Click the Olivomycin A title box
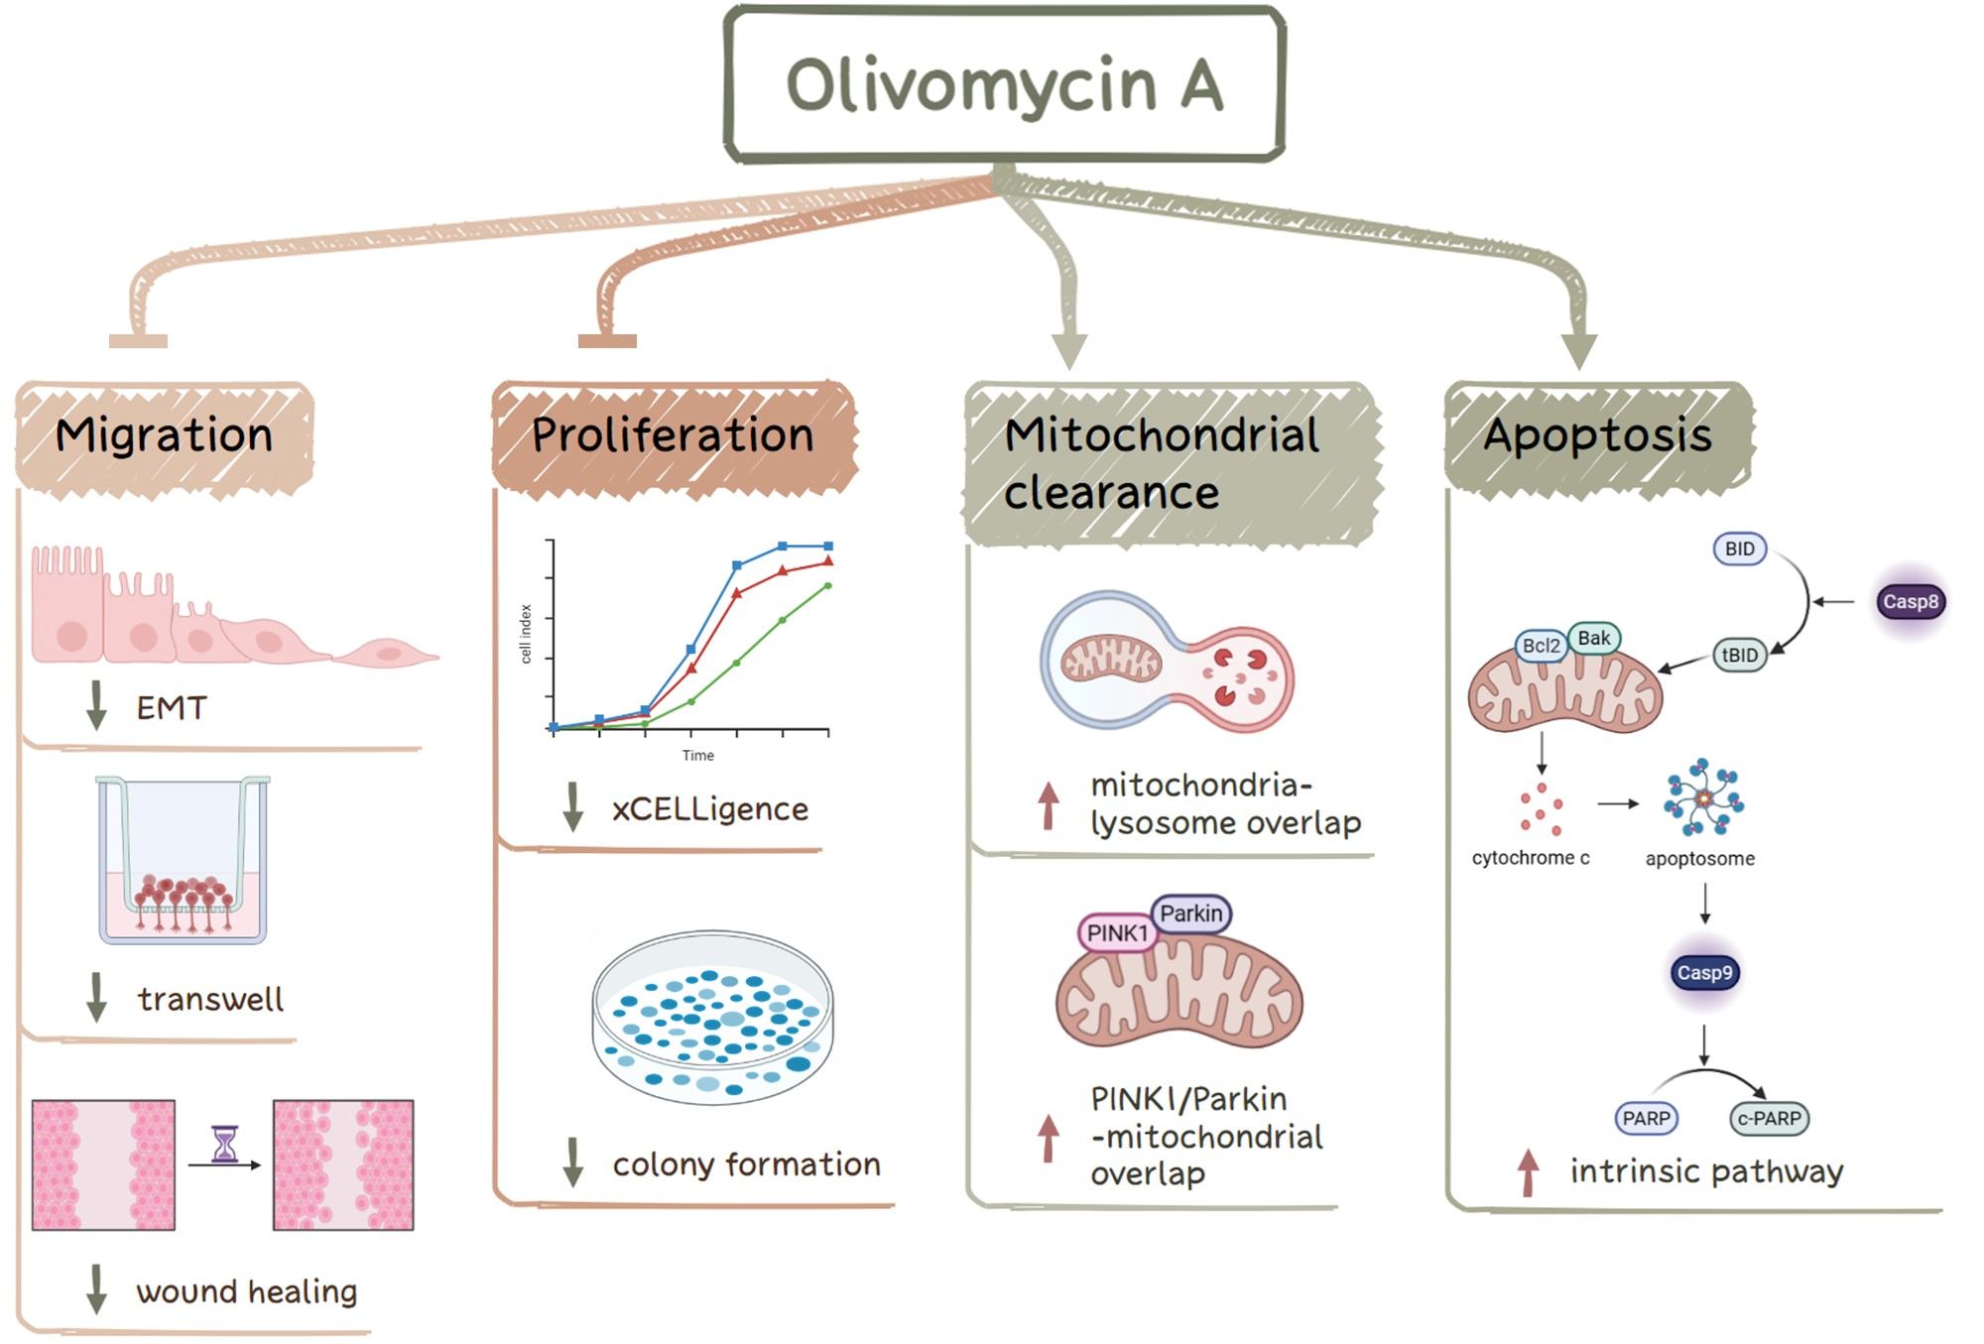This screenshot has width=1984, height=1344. [x=1004, y=84]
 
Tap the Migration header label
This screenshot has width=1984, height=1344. [x=165, y=435]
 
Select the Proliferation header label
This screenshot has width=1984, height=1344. [x=673, y=435]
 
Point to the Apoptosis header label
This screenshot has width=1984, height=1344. [x=1597, y=435]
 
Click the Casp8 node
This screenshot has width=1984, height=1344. [x=1910, y=601]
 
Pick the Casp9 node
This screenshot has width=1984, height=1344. [x=1704, y=973]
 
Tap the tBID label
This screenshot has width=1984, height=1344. [x=1740, y=655]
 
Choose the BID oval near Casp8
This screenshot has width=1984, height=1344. [x=1739, y=549]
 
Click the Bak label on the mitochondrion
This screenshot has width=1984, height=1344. [x=1593, y=638]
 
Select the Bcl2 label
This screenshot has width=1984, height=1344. [x=1541, y=646]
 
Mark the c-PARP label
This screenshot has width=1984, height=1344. [x=1769, y=1118]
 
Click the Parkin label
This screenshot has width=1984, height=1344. [x=1190, y=914]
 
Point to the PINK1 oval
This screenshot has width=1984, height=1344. [x=1117, y=933]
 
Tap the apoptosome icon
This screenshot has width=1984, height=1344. [x=1703, y=797]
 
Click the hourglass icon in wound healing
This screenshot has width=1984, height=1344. [x=225, y=1144]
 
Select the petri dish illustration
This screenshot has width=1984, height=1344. [x=712, y=1017]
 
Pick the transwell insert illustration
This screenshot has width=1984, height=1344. [x=183, y=859]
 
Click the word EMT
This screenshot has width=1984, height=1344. [x=172, y=708]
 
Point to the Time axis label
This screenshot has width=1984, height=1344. [x=697, y=756]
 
